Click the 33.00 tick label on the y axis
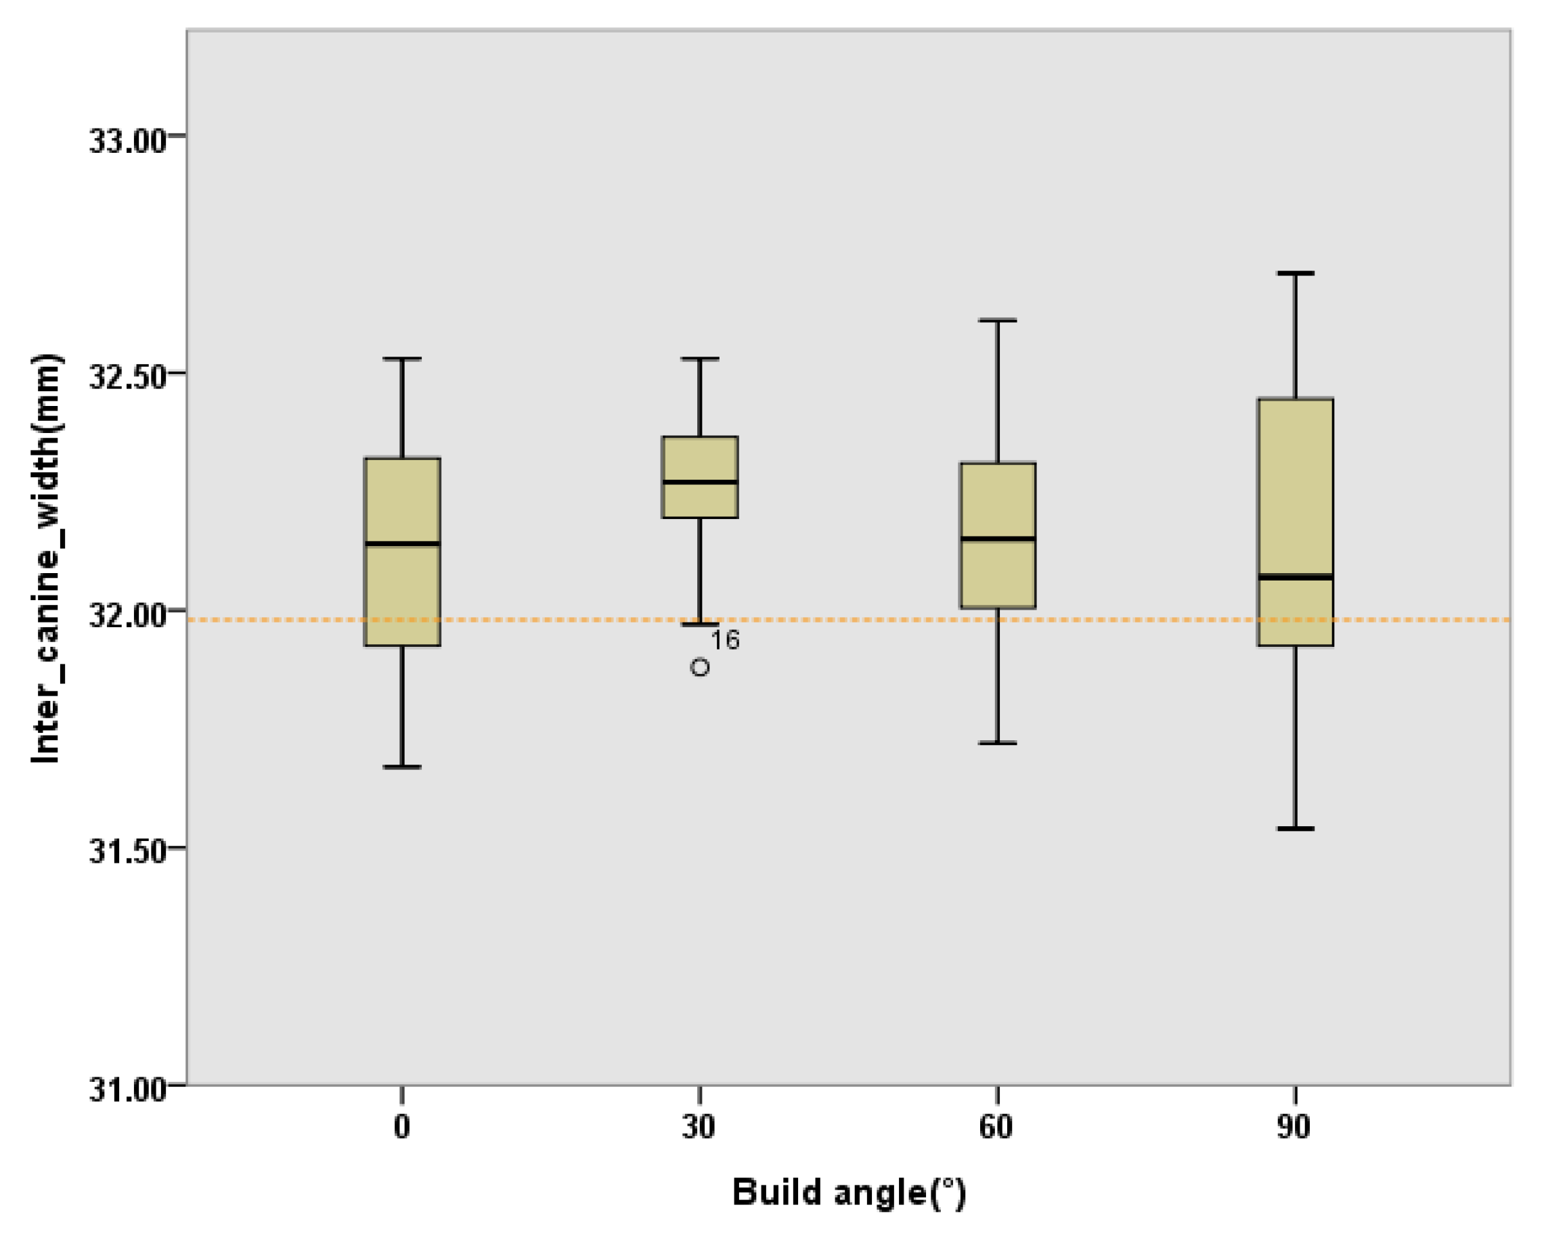tap(128, 141)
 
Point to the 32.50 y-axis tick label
tap(128, 378)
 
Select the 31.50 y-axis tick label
tap(128, 853)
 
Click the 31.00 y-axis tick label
tap(128, 1090)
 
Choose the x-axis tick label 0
tap(402, 1128)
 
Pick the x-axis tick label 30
tap(699, 1128)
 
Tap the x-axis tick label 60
tap(996, 1128)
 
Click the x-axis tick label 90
tap(1294, 1128)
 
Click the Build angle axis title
tap(849, 1193)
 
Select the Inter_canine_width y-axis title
tap(47, 560)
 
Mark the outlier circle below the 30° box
tap(699, 668)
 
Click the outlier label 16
tap(725, 639)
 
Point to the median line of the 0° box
tap(403, 543)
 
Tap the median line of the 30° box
tap(699, 482)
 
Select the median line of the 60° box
tap(998, 538)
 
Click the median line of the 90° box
tap(1295, 576)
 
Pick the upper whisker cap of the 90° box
tap(1295, 273)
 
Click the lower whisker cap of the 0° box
tap(403, 767)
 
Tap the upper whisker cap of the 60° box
tap(998, 321)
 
